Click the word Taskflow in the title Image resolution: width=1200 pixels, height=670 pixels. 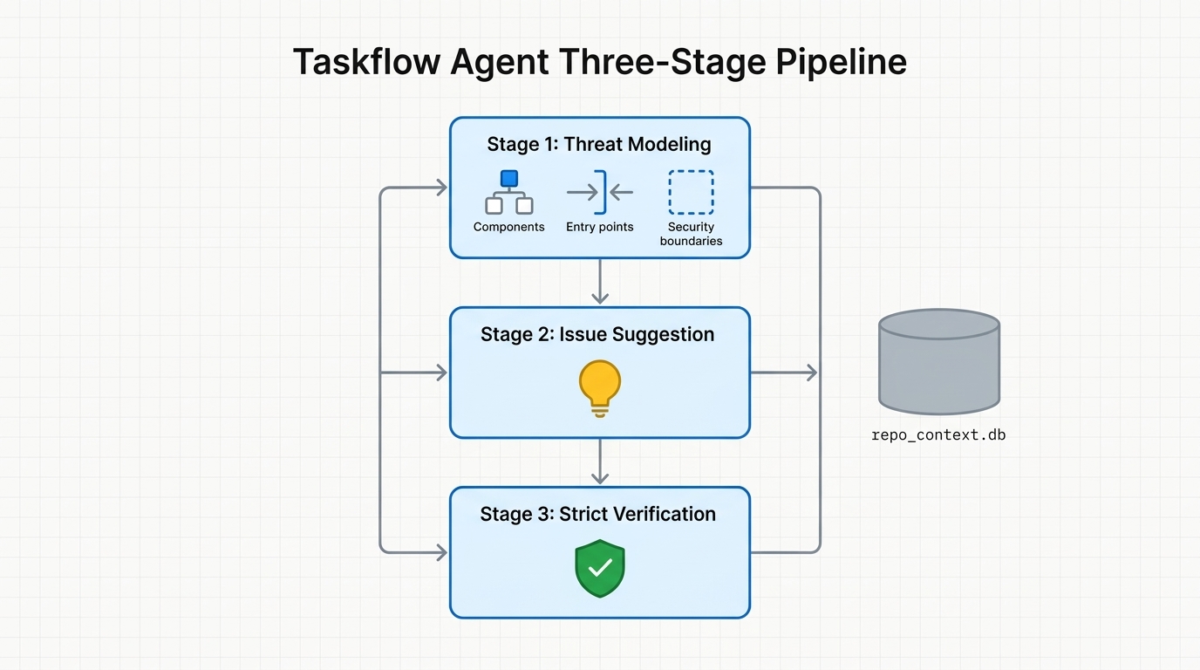tap(365, 63)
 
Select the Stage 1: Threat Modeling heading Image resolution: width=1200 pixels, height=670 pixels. tap(599, 145)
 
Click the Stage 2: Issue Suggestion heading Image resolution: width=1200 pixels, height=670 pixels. tap(597, 334)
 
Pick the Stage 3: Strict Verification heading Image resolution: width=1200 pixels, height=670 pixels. tap(597, 514)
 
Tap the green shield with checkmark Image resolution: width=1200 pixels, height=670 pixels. tap(600, 568)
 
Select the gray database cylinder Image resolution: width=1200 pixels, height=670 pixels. tap(938, 361)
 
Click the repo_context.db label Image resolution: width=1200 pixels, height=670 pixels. tap(938, 434)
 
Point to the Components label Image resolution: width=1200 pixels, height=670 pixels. tap(508, 227)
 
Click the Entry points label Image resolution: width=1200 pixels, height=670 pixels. tap(600, 227)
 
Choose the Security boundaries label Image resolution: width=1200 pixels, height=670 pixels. tap(691, 234)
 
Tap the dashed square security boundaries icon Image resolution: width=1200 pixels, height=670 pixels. tap(691, 192)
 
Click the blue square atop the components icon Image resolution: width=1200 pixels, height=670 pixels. tap(509, 178)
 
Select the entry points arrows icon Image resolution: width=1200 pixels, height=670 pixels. tap(600, 192)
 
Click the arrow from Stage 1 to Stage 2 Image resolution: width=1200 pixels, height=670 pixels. tap(600, 282)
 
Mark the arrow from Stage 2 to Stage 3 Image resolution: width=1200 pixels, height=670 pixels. tap(600, 461)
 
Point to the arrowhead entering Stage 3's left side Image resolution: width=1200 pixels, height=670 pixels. tap(440, 552)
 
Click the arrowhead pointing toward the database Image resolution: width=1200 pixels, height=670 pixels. tap(811, 373)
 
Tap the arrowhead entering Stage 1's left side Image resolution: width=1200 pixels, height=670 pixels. tap(440, 188)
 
